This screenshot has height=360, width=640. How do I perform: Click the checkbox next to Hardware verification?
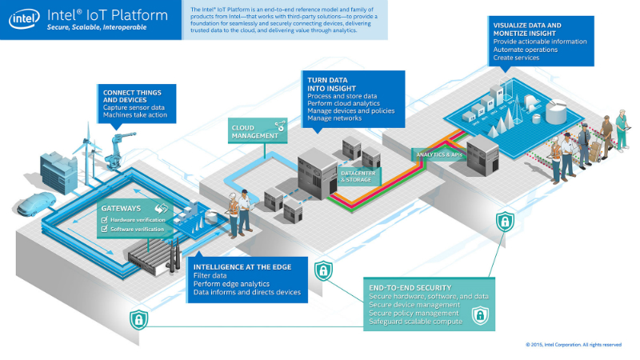coord(104,219)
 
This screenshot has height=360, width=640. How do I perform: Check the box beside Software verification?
coord(104,230)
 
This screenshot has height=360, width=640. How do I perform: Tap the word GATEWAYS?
coord(121,208)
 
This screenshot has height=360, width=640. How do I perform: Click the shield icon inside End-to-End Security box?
coord(479,316)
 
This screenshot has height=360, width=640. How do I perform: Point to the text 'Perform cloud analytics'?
coord(341,103)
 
